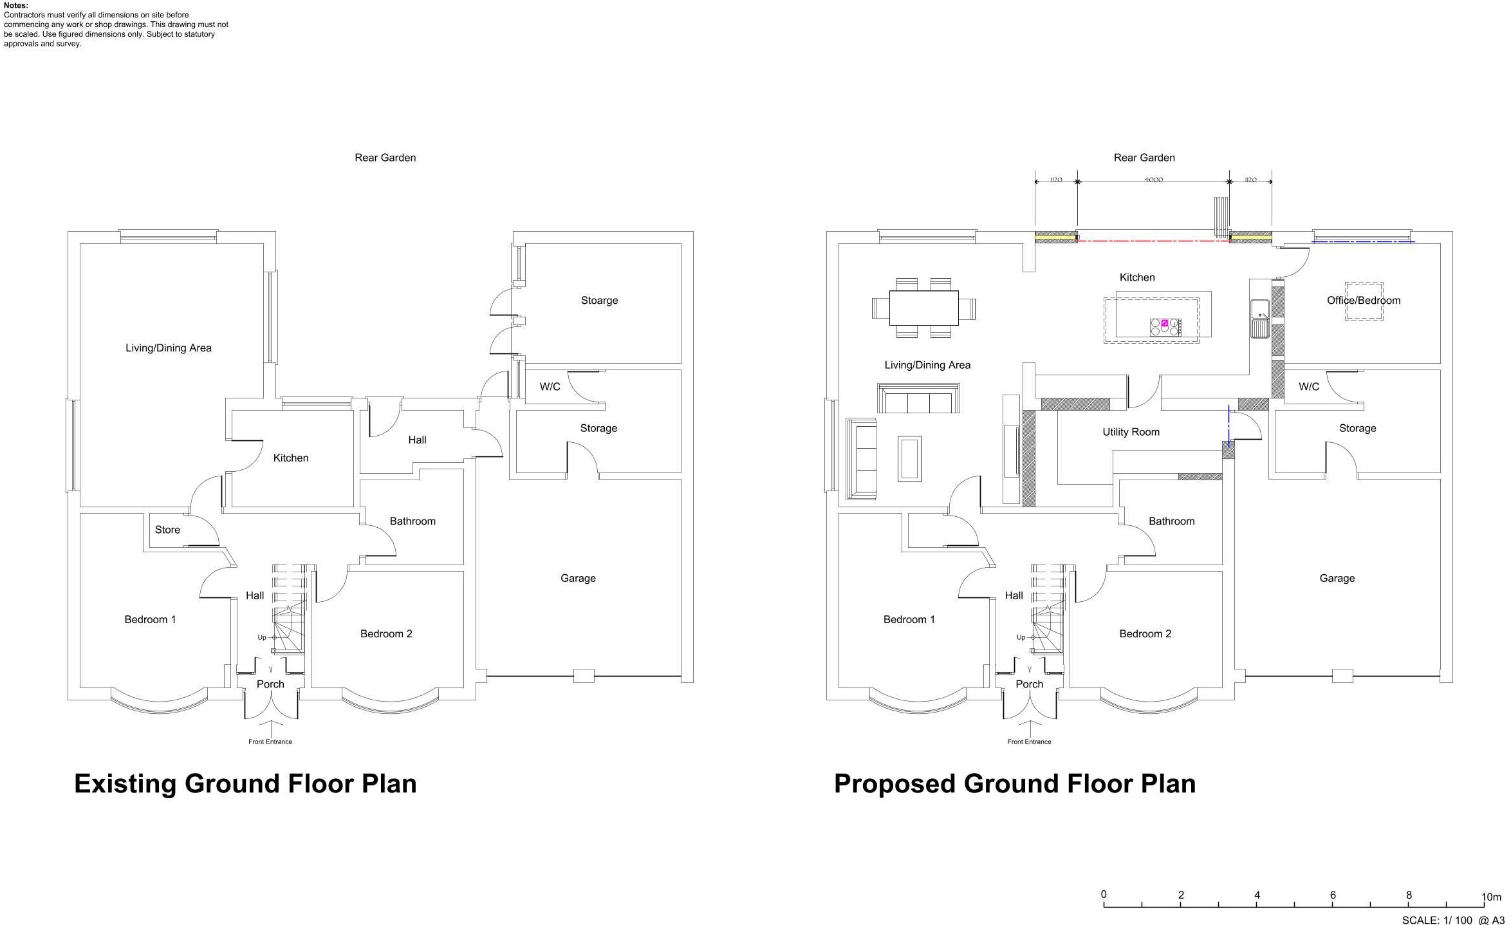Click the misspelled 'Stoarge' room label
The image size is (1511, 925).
pyautogui.click(x=599, y=301)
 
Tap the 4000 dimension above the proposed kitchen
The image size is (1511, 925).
pyautogui.click(x=1153, y=180)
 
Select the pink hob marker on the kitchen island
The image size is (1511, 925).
pyautogui.click(x=1164, y=323)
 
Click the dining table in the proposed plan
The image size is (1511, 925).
pyautogui.click(x=923, y=308)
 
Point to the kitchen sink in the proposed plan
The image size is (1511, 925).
pyautogui.click(x=1260, y=319)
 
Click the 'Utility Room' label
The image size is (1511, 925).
pyautogui.click(x=1131, y=432)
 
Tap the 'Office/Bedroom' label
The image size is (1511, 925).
pyautogui.click(x=1364, y=301)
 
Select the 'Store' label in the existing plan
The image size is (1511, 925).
pyautogui.click(x=167, y=530)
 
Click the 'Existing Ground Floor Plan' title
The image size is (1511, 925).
pyautogui.click(x=245, y=784)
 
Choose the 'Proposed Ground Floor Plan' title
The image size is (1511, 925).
pyautogui.click(x=1015, y=784)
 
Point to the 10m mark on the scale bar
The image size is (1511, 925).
pyautogui.click(x=1491, y=897)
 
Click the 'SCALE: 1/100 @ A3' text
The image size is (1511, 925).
pyautogui.click(x=1453, y=920)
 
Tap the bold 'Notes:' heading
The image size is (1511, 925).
pyautogui.click(x=16, y=5)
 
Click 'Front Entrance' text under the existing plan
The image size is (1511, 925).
pyautogui.click(x=270, y=742)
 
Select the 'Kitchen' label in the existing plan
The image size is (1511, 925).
pyautogui.click(x=291, y=458)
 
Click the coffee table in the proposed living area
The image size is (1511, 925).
pyautogui.click(x=909, y=459)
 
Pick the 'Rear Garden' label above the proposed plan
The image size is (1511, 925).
pyautogui.click(x=1144, y=158)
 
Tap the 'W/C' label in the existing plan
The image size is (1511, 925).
pyautogui.click(x=550, y=387)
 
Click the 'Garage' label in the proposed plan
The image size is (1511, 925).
pyautogui.click(x=1337, y=578)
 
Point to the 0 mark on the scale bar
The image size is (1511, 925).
pyautogui.click(x=1104, y=895)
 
